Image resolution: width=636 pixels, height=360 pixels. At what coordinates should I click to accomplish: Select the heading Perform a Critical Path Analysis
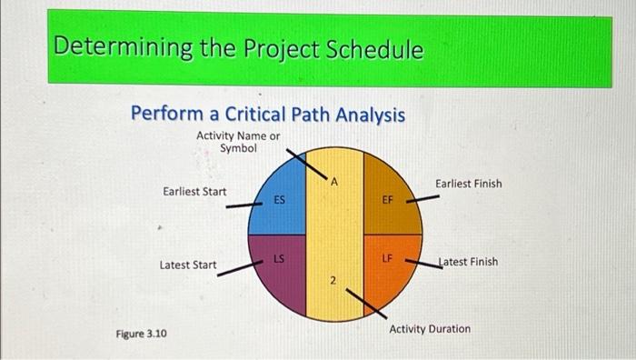pyautogui.click(x=267, y=115)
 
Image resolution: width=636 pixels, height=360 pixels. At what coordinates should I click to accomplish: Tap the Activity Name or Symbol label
pyautogui.click(x=238, y=142)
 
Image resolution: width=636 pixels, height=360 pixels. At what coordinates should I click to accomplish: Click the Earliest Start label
pyautogui.click(x=194, y=191)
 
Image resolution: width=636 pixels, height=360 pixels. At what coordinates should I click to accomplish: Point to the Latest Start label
pyautogui.click(x=188, y=265)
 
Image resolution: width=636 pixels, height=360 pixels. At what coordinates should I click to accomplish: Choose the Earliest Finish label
pyautogui.click(x=468, y=184)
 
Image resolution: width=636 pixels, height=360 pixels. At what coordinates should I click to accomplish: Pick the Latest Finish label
pyautogui.click(x=467, y=262)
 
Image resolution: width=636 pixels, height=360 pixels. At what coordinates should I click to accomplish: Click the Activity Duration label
pyautogui.click(x=430, y=328)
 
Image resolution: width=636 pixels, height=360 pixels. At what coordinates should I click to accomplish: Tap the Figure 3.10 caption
pyautogui.click(x=141, y=335)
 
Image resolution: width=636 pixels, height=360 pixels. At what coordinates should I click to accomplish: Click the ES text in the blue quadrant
pyautogui.click(x=281, y=199)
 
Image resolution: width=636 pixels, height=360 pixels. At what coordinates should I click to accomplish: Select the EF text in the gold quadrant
pyautogui.click(x=386, y=199)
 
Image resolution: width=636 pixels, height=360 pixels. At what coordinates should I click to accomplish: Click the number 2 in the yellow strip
pyautogui.click(x=333, y=282)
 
